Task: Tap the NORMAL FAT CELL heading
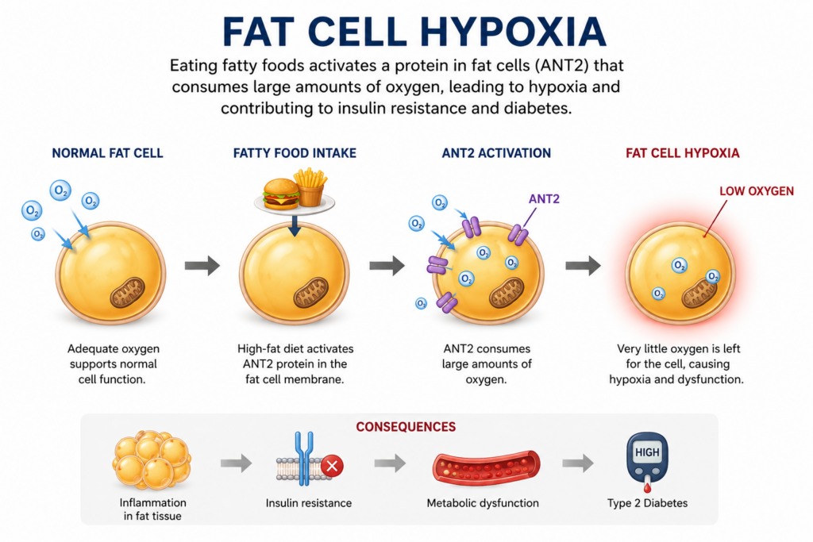tap(107, 153)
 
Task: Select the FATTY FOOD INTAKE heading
tap(295, 153)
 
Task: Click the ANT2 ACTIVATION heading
tap(496, 153)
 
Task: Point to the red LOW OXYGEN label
tap(757, 191)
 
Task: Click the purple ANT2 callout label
tap(544, 199)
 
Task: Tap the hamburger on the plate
tap(281, 194)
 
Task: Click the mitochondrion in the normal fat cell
tap(128, 293)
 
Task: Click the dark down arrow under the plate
tap(295, 225)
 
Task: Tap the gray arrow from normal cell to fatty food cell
tap(202, 265)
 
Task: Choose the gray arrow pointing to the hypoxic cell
tap(583, 265)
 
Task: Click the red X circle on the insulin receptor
tap(333, 466)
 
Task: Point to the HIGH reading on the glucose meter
tap(647, 452)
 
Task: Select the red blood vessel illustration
tap(487, 468)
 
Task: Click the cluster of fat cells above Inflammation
tap(152, 460)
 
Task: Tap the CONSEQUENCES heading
tap(406, 427)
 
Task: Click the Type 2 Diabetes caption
tap(647, 503)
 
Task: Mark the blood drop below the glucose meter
tap(647, 487)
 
